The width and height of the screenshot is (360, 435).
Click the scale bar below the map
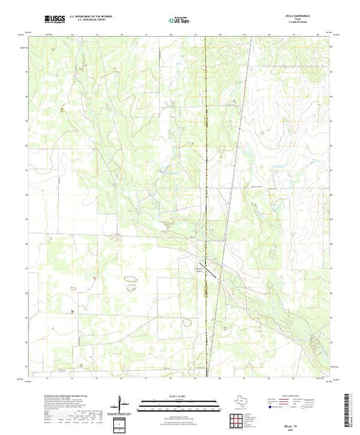(172, 403)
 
